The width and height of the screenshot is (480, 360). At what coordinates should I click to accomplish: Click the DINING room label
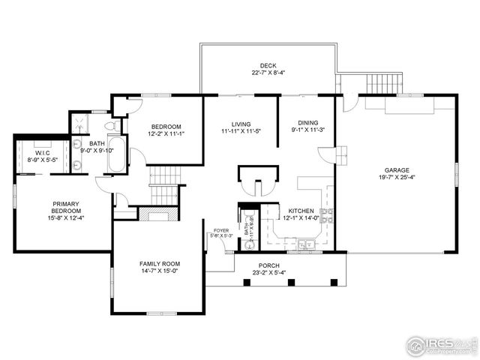coord(307,123)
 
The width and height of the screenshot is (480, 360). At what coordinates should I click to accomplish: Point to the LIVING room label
coord(241,124)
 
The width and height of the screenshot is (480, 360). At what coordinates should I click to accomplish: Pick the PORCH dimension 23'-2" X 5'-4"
coord(268,273)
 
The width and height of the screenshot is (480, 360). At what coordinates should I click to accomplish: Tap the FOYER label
coord(220,231)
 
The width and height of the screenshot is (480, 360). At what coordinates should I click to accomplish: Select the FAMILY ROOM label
coord(159,264)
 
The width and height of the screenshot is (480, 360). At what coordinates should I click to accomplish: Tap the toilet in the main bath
coord(109,125)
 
